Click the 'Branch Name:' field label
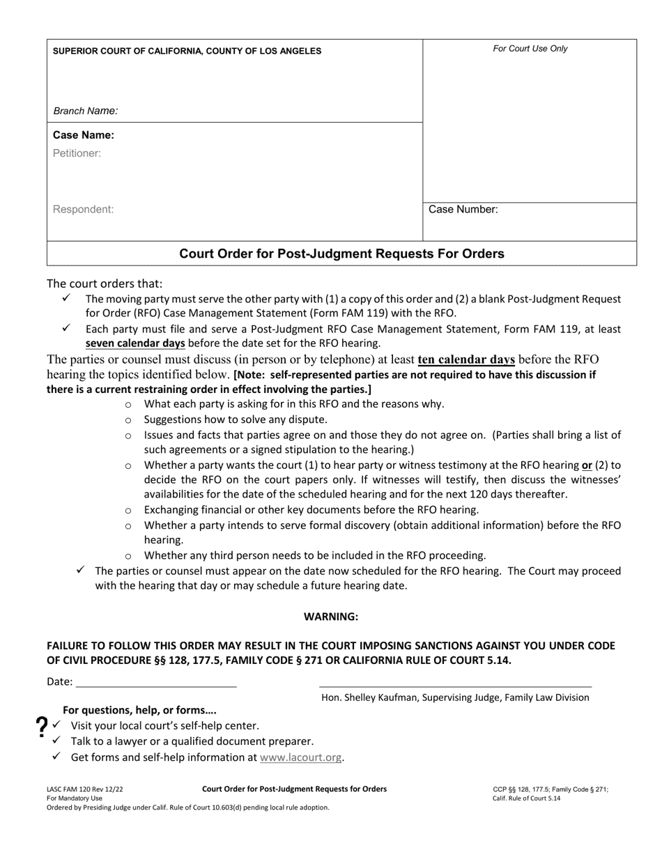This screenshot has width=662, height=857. (x=86, y=111)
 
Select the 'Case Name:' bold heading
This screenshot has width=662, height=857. (x=84, y=135)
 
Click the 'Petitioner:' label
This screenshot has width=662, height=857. (x=77, y=153)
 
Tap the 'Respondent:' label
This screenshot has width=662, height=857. (x=83, y=209)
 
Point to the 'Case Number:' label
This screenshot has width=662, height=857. (x=463, y=209)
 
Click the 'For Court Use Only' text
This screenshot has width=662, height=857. (x=530, y=49)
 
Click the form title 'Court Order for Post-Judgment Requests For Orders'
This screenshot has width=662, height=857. (x=341, y=254)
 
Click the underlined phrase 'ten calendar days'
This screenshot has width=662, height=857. (x=466, y=360)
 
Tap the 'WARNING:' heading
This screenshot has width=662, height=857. (x=331, y=617)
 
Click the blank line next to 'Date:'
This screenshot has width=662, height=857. (x=155, y=682)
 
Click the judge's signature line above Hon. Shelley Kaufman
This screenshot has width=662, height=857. (x=455, y=685)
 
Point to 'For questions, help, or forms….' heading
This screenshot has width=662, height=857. (x=139, y=710)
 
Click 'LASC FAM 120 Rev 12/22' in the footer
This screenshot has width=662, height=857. (x=85, y=789)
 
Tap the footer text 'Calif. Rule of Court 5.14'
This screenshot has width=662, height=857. (x=526, y=798)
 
